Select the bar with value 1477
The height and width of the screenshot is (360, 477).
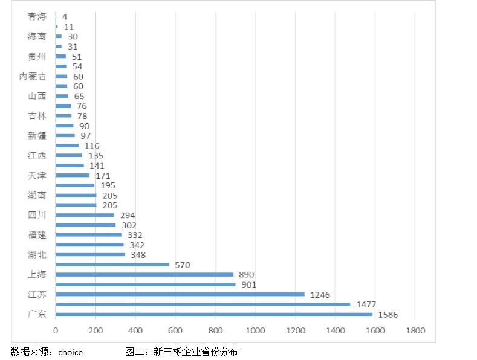coord(203,304)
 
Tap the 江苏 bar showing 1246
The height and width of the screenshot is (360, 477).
coord(180,294)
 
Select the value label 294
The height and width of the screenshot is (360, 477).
coord(128,215)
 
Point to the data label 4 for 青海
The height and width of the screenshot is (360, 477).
coord(64,17)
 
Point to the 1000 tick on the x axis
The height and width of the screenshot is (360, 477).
coord(255,330)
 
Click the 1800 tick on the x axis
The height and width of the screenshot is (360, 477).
coord(415,330)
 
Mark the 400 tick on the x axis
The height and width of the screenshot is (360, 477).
coord(135,330)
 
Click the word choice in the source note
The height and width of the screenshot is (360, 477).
coord(70,352)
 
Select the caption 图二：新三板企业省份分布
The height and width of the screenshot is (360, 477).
coord(181,352)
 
